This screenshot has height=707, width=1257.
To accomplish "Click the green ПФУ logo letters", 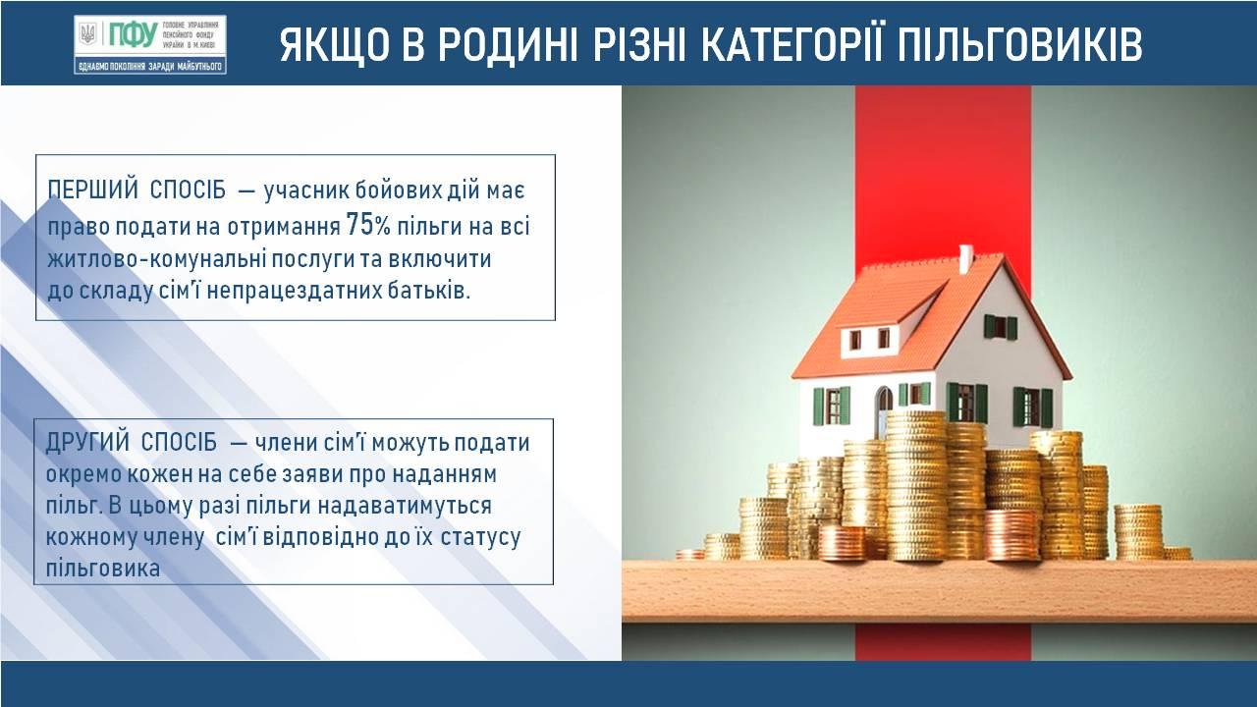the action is point(133,34).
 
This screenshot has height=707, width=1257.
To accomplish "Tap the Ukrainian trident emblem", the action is point(87,34).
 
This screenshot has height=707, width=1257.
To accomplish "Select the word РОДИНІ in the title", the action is point(508,44).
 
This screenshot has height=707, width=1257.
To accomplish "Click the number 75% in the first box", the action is point(368,225).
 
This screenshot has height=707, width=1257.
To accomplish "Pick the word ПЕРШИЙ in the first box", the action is point(92,190).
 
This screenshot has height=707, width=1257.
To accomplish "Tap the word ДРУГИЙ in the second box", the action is point(87,442).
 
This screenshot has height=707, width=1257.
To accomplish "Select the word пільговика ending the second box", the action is point(103,569).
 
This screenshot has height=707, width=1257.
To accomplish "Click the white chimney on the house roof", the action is point(965,258).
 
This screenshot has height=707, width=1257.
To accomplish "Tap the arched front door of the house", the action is point(884,407).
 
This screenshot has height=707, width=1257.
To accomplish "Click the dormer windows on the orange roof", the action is point(869,339).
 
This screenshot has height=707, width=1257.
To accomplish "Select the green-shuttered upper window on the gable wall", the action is point(1001,327).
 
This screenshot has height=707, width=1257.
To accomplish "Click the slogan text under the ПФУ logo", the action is point(150,67).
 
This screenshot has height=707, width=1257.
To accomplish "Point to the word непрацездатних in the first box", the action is point(295,292).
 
